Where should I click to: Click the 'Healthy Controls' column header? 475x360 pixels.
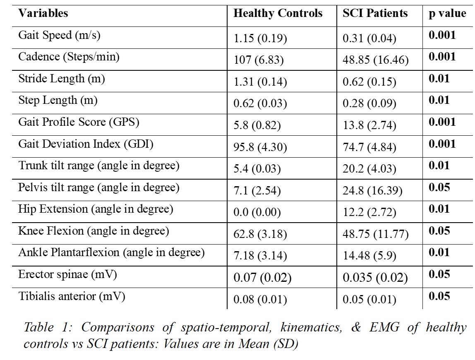tap(278, 13)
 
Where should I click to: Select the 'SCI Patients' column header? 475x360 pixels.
tap(375, 13)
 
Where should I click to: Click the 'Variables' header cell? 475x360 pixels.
tap(43, 13)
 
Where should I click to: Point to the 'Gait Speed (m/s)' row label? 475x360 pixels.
tap(59, 36)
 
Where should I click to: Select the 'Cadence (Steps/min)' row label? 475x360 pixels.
tap(69, 57)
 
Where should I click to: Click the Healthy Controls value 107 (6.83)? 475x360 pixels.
tap(259, 60)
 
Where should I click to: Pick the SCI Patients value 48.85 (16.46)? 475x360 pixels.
tap(376, 60)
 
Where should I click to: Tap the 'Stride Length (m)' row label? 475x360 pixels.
tap(62, 79)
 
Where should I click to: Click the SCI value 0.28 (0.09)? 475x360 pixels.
tap(369, 103)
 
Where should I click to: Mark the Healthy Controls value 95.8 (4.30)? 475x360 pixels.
tap(260, 147)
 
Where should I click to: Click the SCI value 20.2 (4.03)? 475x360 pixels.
tap(369, 169)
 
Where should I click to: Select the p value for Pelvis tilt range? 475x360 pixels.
tap(439, 187)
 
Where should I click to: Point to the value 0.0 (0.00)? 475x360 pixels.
tap(257, 212)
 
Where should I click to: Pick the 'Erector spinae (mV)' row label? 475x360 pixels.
tap(67, 274)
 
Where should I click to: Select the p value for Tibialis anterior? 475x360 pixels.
tap(439, 296)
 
